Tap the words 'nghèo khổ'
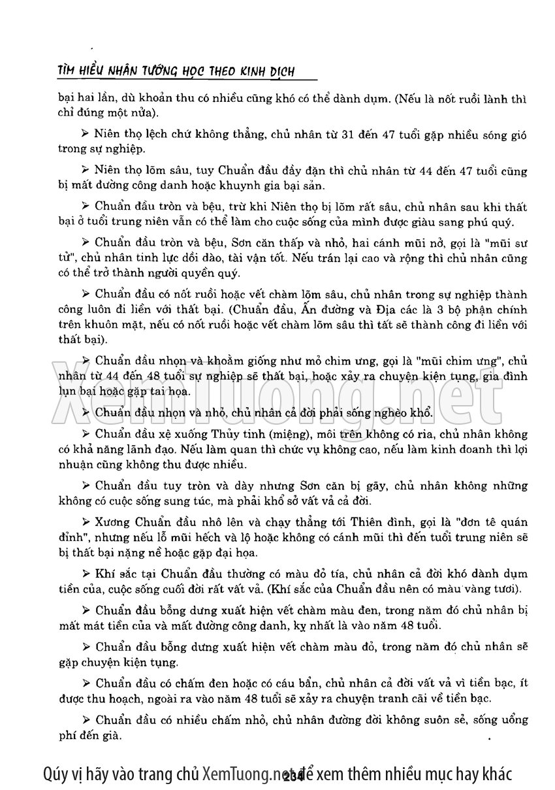(409, 412)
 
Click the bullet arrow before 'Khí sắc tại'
(86, 574)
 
